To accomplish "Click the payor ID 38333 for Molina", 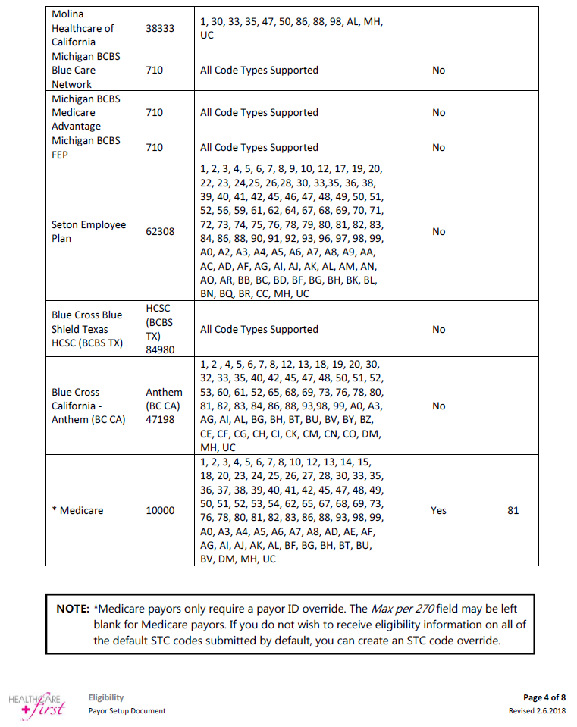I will click(x=160, y=28).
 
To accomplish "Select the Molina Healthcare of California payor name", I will click(x=83, y=28).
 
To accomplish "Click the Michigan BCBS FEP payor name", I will click(x=86, y=147).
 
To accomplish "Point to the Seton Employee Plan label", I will click(x=89, y=231).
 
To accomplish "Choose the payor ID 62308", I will click(x=160, y=231).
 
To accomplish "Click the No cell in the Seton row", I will click(x=438, y=231).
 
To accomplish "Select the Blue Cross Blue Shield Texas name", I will click(x=86, y=329).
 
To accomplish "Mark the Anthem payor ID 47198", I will click(x=164, y=419).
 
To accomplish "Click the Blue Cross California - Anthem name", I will click(x=89, y=406).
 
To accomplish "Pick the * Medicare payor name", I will click(x=77, y=510).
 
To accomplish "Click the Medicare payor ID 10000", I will click(x=160, y=510).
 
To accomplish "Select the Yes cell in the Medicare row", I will click(x=438, y=510).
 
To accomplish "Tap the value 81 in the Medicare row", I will click(x=513, y=510).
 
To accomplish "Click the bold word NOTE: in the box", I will click(x=73, y=608).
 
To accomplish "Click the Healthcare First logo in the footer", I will click(x=37, y=704).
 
